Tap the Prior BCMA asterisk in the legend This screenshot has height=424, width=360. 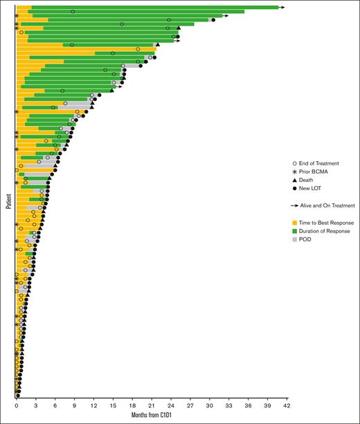pos(294,171)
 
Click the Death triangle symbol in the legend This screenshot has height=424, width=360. pos(294,179)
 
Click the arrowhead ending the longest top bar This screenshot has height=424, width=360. pos(282,8)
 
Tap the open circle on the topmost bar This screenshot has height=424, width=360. pos(73,12)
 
